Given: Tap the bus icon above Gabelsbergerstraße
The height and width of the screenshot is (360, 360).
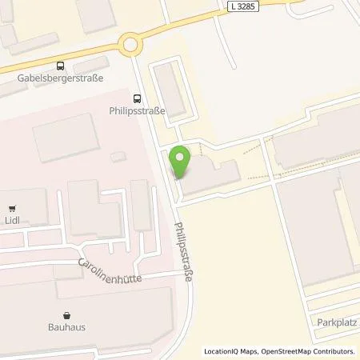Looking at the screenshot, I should click(x=58, y=67).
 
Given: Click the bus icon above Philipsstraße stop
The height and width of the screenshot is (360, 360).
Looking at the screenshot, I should click(x=137, y=99).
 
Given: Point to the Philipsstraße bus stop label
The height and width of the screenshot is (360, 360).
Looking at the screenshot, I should click(x=137, y=113).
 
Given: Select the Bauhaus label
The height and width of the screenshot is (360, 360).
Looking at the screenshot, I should click(x=66, y=327).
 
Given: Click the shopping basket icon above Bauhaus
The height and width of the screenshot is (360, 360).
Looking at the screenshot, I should click(x=66, y=315).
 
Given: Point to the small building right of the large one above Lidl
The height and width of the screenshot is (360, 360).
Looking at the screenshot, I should click(x=118, y=157).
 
